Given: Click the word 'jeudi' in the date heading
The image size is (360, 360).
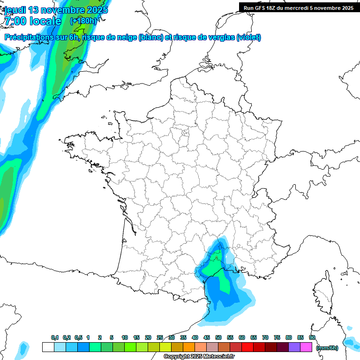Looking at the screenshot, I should [x=15, y=9].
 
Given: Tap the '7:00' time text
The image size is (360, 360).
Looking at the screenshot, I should [x=15, y=21].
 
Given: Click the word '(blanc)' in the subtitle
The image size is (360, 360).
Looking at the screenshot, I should [x=151, y=37].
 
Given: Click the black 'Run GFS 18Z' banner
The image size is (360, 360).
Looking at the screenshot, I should [x=298, y=7].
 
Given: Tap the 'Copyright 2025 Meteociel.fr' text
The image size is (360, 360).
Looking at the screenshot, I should [x=199, y=357].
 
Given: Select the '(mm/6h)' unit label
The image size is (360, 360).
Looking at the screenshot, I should [x=327, y=347].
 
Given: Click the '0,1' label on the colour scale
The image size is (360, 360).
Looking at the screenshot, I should [x=55, y=338].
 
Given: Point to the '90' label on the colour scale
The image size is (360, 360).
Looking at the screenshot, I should [x=312, y=338].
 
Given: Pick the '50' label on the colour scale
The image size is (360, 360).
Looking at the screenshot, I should [x=218, y=338].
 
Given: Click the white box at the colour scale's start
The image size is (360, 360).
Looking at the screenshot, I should [x=48, y=347].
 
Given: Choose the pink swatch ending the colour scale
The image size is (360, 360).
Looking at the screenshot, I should [x=306, y=347].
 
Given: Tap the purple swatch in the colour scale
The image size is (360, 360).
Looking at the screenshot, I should [x=294, y=347].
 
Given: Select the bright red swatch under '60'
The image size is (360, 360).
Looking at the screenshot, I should [x=247, y=347].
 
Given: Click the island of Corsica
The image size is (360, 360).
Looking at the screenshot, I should [x=322, y=292].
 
